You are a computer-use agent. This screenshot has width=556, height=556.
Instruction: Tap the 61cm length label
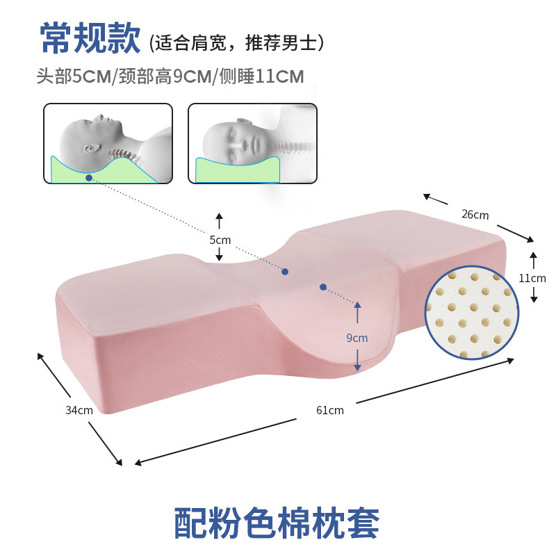click(x=329, y=409)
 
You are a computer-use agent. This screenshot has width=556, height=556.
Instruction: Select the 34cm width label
click(x=79, y=409)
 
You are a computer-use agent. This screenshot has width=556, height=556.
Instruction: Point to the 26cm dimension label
click(x=475, y=215)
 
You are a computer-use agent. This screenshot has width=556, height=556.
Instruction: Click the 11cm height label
click(x=533, y=277)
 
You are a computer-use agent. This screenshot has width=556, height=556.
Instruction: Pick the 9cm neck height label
click(x=357, y=338)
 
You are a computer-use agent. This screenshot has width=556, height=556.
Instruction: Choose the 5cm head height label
click(x=220, y=240)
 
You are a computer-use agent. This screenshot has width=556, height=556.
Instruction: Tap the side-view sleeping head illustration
click(x=108, y=143)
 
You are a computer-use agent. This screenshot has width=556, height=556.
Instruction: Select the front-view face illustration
click(x=252, y=143)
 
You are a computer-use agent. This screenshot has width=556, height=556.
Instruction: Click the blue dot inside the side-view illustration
click(x=89, y=178)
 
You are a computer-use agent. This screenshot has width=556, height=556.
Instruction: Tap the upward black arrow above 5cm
click(x=220, y=221)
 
